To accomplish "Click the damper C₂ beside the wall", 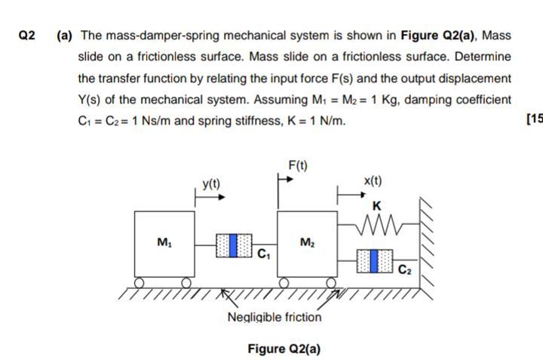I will click(375, 260).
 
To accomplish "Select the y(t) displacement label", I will click(213, 183).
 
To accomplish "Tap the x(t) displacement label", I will click(373, 181).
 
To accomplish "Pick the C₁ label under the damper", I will click(263, 255).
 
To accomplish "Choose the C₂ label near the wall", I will click(404, 268).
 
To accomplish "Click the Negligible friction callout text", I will click(274, 317).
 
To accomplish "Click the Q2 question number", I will click(28, 35).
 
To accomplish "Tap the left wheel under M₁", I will click(140, 282).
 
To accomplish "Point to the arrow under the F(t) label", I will click(285, 180).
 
